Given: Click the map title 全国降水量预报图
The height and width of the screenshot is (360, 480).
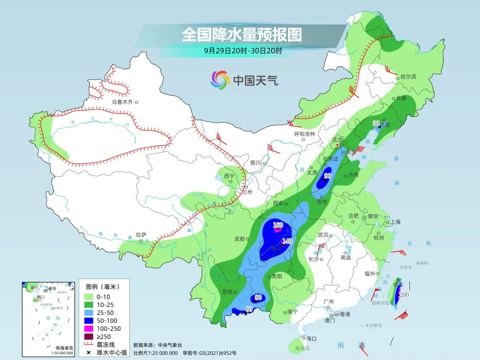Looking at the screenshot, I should (x=242, y=35).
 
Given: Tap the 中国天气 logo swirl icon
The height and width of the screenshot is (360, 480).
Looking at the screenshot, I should (x=220, y=80).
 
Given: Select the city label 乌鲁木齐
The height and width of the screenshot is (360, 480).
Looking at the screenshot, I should (x=123, y=102).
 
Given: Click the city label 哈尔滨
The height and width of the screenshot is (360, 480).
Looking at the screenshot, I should (x=408, y=77).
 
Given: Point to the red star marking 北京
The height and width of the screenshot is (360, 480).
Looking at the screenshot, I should (x=338, y=145).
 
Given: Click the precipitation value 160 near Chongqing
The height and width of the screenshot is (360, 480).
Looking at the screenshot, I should (x=278, y=225).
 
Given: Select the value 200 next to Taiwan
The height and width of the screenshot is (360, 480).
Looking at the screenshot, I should (x=404, y=295).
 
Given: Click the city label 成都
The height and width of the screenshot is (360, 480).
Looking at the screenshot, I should (x=239, y=239).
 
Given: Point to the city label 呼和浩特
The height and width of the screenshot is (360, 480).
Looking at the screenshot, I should (x=304, y=134).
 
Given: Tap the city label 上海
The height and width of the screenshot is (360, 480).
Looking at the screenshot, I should (x=395, y=222).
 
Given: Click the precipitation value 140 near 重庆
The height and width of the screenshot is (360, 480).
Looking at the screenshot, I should (x=287, y=241).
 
